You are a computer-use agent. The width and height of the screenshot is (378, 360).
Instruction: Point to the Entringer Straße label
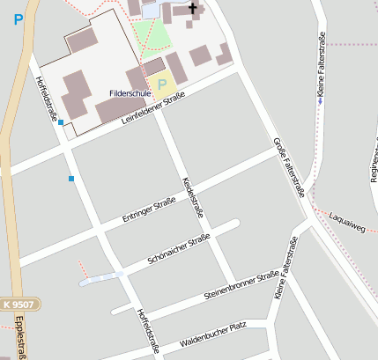[x=149, y=210]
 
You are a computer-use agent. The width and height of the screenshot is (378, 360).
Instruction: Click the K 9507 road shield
[x=17, y=302]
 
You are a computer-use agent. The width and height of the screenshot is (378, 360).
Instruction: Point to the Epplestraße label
[x=19, y=338]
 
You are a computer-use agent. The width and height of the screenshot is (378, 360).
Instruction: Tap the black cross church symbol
[x=191, y=9]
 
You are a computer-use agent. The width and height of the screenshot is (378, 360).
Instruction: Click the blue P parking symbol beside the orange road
[x=19, y=18]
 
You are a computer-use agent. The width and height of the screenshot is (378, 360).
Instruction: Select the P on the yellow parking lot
[x=162, y=84]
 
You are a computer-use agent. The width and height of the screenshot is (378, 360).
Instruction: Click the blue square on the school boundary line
[x=61, y=122]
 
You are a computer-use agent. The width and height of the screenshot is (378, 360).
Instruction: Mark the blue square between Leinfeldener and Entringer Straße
[x=70, y=179]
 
